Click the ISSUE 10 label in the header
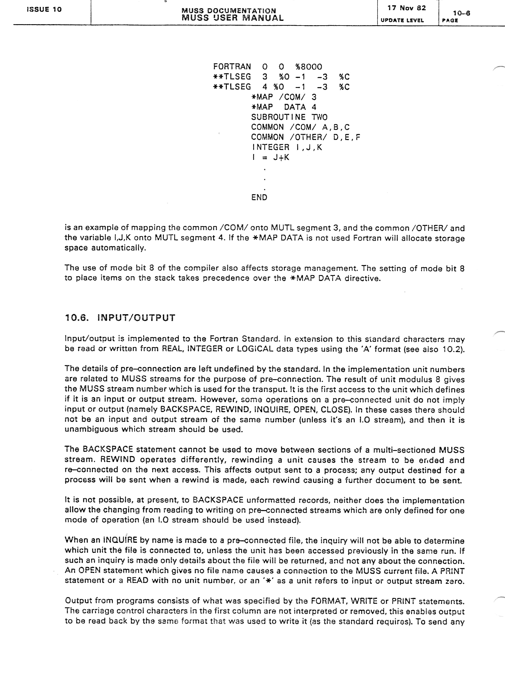click(44, 9)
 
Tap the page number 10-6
click(461, 13)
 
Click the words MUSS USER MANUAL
click(233, 18)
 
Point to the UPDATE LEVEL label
click(402, 20)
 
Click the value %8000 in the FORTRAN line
click(309, 67)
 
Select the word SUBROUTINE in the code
click(278, 117)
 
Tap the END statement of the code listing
click(259, 197)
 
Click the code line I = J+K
click(271, 157)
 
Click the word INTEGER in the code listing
click(271, 147)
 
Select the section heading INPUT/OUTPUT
click(136, 318)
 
